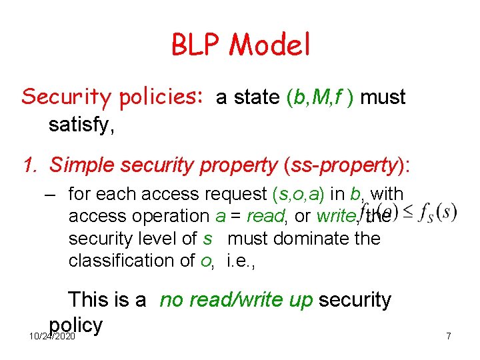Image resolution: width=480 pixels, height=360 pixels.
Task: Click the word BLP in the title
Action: click(x=197, y=45)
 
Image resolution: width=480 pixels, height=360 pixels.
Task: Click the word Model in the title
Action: click(x=270, y=45)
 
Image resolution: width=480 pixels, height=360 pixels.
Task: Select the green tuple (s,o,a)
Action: click(x=299, y=194)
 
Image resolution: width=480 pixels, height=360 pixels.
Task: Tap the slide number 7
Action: click(x=448, y=336)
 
